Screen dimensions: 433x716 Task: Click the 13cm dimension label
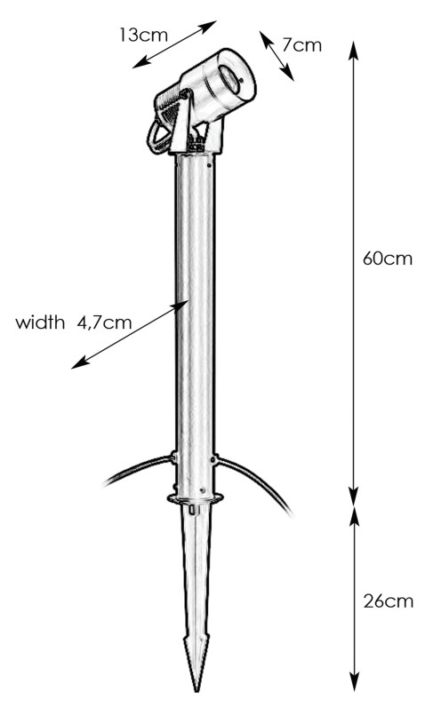point(143,36)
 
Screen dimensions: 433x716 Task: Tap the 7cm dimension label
point(301,45)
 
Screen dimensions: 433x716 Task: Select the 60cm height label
point(388,259)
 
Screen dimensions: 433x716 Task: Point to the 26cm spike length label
point(389,601)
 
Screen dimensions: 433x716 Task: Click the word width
point(40,322)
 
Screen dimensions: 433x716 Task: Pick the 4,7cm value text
point(104,322)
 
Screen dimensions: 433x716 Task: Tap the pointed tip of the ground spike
point(197,688)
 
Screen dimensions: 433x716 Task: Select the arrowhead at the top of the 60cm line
point(353,51)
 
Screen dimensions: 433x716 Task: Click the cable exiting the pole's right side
point(255,483)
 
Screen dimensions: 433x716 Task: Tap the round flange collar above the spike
point(196,497)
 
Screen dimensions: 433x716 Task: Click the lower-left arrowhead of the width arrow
point(79,363)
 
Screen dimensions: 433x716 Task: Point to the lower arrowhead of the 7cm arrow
point(288,75)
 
